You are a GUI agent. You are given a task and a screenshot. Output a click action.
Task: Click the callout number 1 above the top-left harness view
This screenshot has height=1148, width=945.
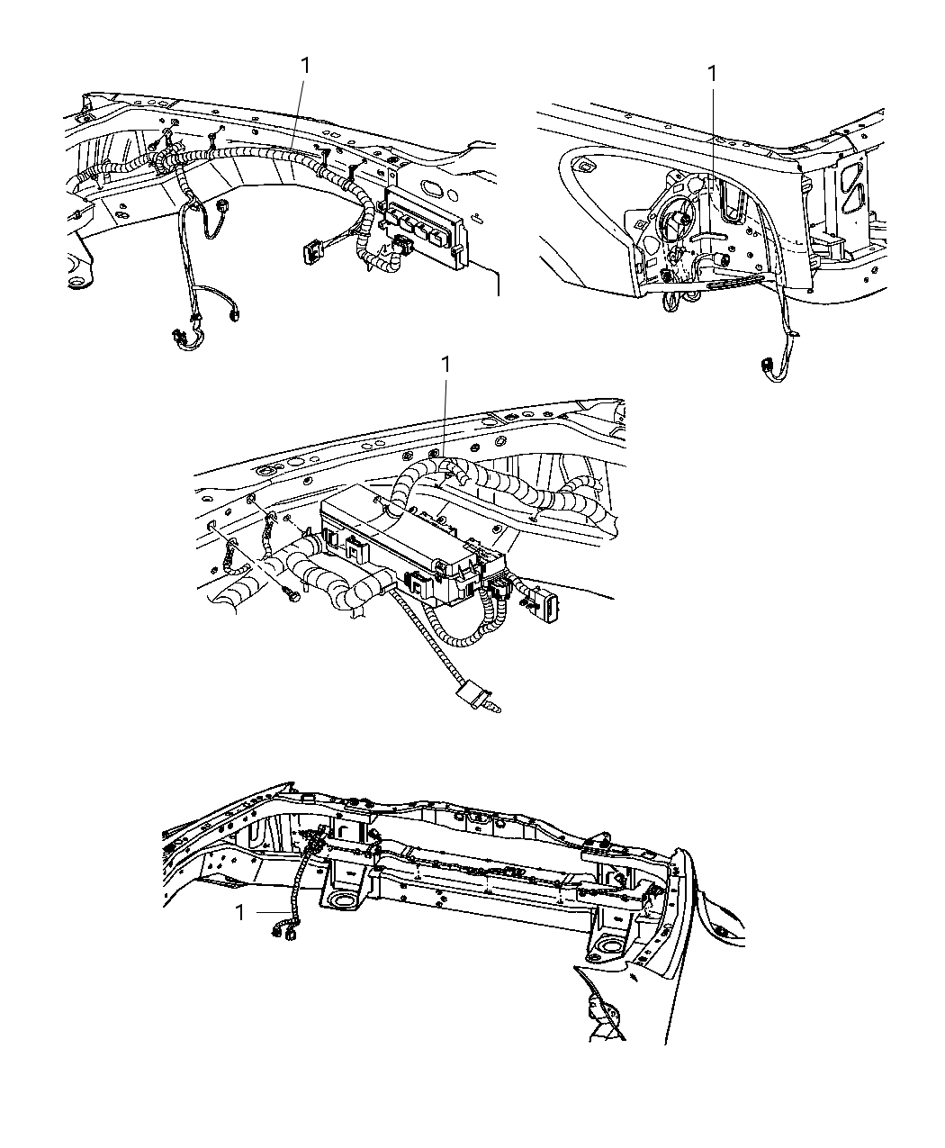coord(306,65)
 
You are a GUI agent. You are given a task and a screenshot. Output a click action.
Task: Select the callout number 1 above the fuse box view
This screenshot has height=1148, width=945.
coord(444,366)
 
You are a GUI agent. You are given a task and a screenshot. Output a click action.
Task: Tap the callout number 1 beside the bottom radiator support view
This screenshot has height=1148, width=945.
coord(240,912)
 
